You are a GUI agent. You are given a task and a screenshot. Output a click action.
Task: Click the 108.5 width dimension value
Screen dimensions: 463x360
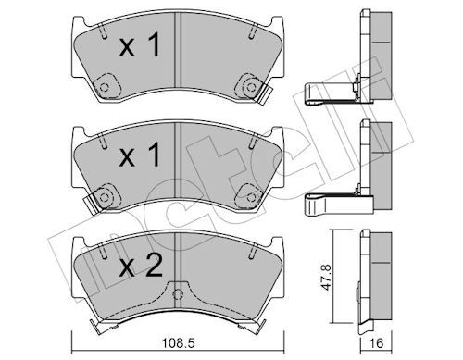(179, 343)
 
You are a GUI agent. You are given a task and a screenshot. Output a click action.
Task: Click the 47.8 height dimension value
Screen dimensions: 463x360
(326, 277)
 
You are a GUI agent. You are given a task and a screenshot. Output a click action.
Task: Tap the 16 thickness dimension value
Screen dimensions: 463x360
(376, 343)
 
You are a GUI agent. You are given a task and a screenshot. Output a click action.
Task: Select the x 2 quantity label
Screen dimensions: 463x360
(141, 267)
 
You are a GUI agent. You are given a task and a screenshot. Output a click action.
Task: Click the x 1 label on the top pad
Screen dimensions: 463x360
(140, 45)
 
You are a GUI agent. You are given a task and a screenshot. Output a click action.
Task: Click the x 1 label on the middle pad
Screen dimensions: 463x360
(140, 155)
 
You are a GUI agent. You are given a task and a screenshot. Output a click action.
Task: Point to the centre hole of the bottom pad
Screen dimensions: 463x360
(177, 294)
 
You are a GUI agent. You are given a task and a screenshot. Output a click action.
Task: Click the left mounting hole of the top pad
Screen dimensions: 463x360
(105, 87)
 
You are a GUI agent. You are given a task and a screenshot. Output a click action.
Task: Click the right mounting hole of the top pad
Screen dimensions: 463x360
(251, 87)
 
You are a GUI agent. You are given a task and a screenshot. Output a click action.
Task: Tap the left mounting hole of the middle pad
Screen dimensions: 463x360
(104, 197)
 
